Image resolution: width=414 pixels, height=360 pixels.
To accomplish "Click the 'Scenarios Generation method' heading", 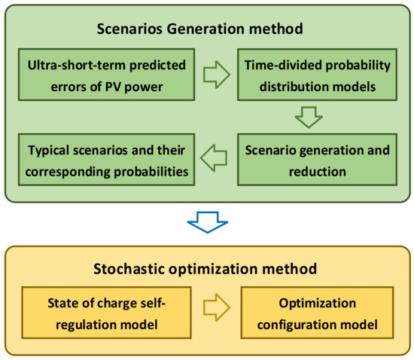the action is pos(200,29).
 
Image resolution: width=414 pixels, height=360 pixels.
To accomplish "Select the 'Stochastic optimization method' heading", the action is pos(205,269).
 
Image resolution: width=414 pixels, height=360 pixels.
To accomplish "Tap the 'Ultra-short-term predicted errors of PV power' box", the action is pos(106,75).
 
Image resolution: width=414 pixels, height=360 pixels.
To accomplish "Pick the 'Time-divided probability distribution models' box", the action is pos(317,75).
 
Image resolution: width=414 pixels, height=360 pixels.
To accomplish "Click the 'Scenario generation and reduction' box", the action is pos(317,160).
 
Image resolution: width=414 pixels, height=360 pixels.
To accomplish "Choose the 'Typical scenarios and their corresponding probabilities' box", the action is pos(106,160).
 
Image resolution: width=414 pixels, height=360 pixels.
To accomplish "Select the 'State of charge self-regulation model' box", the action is pos(106,313).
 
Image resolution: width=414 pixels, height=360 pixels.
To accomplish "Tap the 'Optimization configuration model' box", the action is pos(318,313).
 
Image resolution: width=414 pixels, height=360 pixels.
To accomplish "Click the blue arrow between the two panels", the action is pos(208,222).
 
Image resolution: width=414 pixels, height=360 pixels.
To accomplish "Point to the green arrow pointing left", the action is pos(213,158).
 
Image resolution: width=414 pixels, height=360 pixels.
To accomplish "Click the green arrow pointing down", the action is pos(309,117).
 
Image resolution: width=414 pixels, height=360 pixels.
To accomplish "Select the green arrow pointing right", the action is pos(217,75).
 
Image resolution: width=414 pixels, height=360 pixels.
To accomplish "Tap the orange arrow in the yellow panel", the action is pos(217,307).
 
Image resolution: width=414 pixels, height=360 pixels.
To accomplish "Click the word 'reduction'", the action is pos(318,172).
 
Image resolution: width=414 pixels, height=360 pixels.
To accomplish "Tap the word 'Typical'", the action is pos(49,151).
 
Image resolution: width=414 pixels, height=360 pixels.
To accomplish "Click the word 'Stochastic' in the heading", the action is pos(129,269).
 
